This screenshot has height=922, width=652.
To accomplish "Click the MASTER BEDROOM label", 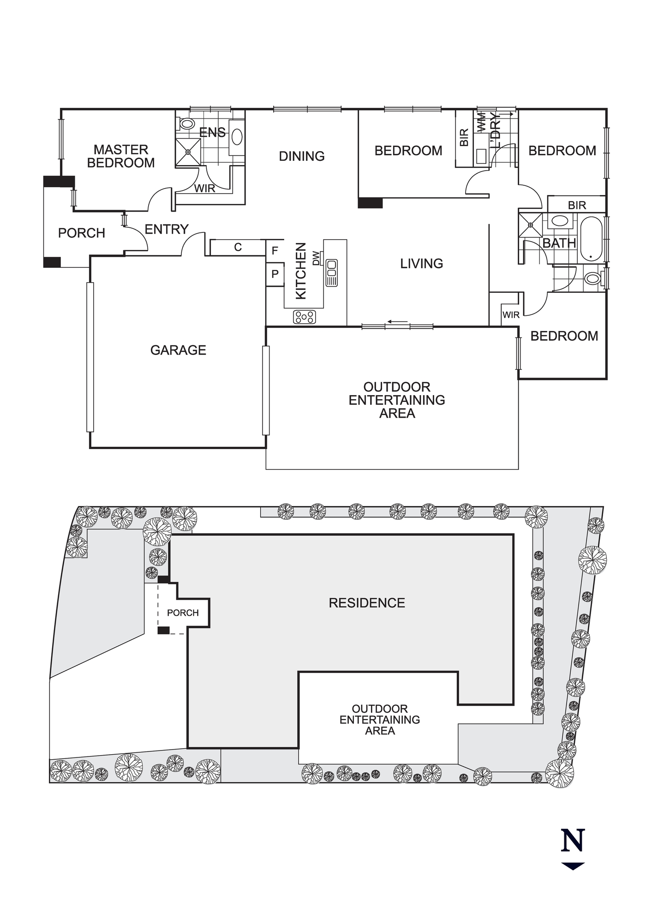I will tap(121, 156).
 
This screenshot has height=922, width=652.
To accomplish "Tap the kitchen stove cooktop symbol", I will tap(305, 317).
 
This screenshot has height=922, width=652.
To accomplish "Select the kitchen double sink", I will tap(331, 272).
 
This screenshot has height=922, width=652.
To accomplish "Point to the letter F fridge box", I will tap(275, 251).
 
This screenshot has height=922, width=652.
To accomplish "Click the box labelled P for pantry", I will tap(275, 274).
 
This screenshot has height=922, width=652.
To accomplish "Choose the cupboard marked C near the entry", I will tap(238, 248).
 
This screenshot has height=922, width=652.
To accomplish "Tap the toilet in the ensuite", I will tap(187, 124).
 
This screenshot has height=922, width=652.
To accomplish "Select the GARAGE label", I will tap(178, 350).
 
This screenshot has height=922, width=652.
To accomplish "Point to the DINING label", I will tap(302, 156).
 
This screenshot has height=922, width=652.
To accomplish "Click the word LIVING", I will tap(421, 264).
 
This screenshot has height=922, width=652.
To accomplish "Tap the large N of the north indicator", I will tap(573, 840).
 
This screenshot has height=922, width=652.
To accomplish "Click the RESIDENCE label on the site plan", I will tap(367, 603).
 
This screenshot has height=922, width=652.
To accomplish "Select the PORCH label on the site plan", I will tap(183, 613).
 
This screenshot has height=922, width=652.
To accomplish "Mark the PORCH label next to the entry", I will tap(82, 233).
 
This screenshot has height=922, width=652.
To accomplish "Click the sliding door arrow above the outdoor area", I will tap(398, 321).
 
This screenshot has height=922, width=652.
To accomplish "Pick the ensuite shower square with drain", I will tap(188, 151).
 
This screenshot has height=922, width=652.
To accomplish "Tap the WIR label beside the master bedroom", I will tap(204, 189).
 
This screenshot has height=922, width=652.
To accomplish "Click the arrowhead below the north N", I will tap(573, 866).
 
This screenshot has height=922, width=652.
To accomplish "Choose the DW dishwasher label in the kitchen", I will tap(316, 258).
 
